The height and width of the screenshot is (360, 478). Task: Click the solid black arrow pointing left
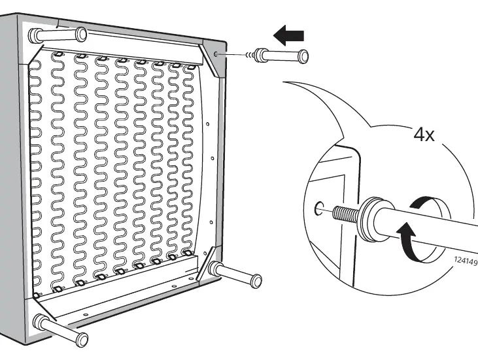click(288, 35)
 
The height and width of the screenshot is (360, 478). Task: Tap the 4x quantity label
click(424, 134)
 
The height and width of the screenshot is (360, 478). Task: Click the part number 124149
click(466, 261)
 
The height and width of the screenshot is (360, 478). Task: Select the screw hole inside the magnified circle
click(318, 208)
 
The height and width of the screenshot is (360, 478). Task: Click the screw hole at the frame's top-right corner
click(216, 54)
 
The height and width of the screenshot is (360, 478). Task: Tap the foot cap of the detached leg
click(303, 57)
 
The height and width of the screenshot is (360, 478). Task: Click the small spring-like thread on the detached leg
click(250, 55)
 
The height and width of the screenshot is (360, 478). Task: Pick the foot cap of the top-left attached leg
click(81, 34)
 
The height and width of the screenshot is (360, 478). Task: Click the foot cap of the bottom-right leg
click(256, 281)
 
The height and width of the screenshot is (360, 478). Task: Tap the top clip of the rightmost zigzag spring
click(191, 67)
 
